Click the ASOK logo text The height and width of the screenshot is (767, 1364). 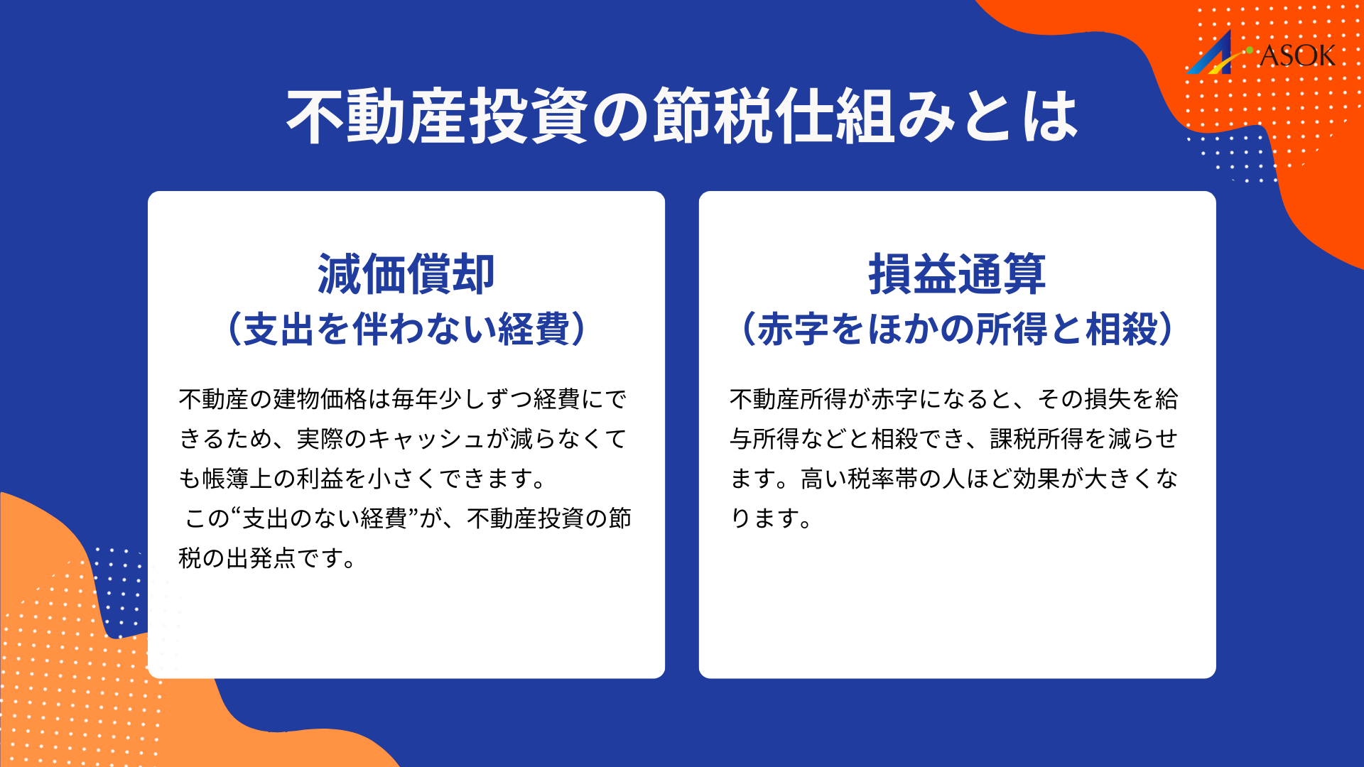1297,55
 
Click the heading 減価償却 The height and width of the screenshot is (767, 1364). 406,274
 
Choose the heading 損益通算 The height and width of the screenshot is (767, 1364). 957,274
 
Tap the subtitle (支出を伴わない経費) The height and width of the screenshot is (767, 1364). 406,329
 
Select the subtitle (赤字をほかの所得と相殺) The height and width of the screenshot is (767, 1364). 957,329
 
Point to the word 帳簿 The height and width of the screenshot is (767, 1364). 226,479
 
